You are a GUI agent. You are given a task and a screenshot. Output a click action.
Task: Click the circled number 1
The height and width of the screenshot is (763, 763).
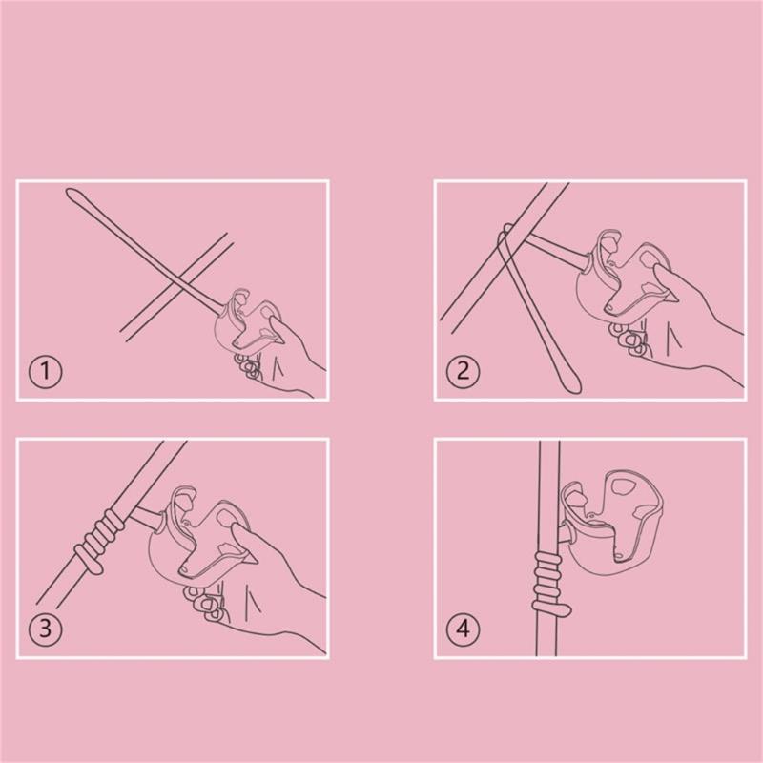click(45, 371)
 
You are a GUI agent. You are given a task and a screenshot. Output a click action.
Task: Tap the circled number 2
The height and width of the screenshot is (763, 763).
click(463, 371)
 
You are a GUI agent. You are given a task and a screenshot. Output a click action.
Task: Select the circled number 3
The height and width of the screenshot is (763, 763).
click(45, 629)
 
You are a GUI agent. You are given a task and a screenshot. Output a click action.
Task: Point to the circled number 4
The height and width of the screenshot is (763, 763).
click(463, 629)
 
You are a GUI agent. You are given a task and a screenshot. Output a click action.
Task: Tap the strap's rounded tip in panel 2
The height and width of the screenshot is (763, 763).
click(572, 385)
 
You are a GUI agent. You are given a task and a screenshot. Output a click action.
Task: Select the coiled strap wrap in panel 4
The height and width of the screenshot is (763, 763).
click(549, 582)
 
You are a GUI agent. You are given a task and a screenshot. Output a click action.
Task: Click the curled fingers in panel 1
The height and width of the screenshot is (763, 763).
click(247, 366)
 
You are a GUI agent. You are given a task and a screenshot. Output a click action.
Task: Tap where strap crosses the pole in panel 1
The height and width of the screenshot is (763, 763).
click(179, 287)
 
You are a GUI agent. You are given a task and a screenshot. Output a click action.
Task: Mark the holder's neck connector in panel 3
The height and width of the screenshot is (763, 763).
click(148, 518)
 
